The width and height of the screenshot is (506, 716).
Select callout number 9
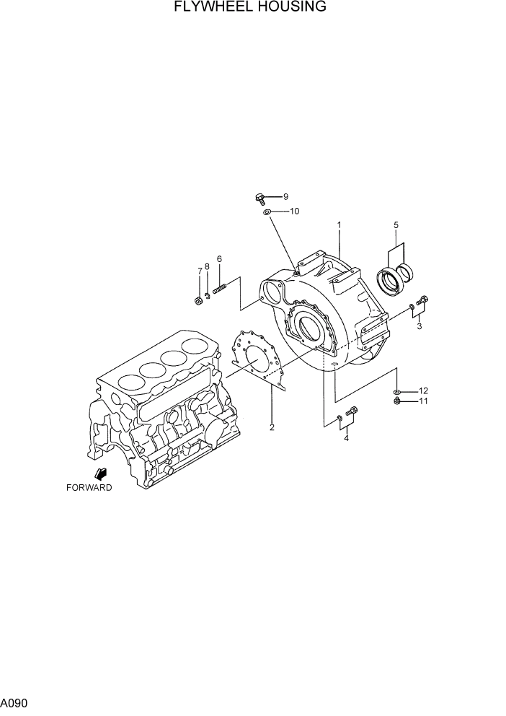(285, 196)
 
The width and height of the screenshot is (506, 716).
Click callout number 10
(294, 211)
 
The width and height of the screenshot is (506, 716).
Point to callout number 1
(339, 225)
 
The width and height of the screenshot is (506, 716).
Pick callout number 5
(396, 225)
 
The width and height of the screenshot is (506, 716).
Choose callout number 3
(419, 326)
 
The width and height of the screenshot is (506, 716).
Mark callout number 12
(423, 390)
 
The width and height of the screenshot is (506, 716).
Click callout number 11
(423, 401)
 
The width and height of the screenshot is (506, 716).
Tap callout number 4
(346, 438)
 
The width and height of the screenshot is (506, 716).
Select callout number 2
(272, 427)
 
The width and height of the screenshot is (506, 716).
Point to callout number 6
(219, 259)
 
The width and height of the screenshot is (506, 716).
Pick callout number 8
(208, 266)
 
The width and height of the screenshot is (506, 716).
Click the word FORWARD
(89, 488)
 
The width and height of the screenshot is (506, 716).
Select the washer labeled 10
(267, 211)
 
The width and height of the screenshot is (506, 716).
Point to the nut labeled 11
(398, 401)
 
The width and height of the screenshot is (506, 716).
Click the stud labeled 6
(220, 288)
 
